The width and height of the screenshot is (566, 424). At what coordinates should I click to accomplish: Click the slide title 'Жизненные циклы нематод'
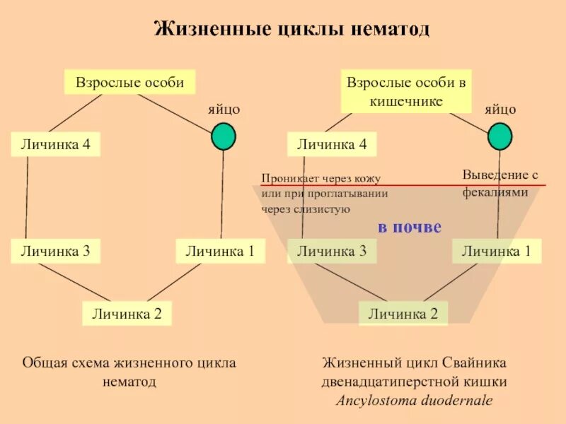292,30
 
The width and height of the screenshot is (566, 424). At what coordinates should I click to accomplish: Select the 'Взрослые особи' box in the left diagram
129,82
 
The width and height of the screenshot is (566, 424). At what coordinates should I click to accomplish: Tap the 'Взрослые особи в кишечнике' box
405,91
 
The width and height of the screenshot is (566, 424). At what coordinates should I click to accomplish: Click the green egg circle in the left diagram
224,136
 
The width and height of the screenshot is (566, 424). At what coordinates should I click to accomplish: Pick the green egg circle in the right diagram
500,136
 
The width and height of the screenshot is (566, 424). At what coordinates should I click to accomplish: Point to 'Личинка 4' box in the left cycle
55,145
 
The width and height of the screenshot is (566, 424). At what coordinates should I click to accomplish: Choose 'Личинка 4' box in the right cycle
332,145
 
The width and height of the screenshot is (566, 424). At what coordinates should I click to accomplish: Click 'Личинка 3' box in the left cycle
55,250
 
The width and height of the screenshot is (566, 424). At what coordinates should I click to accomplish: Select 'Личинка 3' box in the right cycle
332,250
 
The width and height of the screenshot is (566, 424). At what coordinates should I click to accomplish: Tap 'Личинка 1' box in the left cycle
219,250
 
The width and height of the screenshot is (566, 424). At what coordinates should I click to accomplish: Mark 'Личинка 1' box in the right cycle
496,250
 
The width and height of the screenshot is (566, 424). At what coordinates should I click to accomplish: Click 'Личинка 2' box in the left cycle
127,313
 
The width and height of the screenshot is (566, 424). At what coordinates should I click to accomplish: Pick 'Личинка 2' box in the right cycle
403,313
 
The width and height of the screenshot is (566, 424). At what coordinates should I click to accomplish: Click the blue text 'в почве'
410,227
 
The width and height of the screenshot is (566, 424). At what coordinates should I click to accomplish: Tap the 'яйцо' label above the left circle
224,109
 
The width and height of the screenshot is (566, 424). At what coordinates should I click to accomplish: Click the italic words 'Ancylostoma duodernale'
415,401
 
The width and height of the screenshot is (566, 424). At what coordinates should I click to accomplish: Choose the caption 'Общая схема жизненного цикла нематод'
129,372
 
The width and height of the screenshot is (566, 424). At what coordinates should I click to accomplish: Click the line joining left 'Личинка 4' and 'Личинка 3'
27,198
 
